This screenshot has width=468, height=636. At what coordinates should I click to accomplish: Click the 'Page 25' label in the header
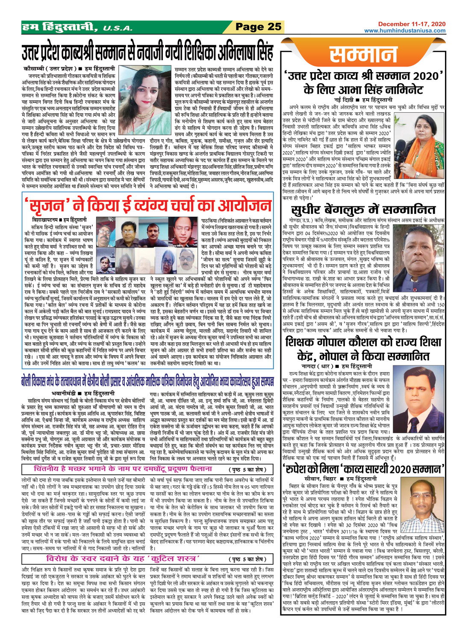coord(258,27)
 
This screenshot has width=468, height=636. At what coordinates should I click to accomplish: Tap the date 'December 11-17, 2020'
coord(412,24)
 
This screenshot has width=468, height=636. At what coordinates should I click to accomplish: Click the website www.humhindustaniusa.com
coord(405,31)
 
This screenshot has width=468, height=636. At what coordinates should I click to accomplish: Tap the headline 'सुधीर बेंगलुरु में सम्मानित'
coord(363,210)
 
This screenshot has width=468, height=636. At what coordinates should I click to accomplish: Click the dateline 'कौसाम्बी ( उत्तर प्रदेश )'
coord(50,69)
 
